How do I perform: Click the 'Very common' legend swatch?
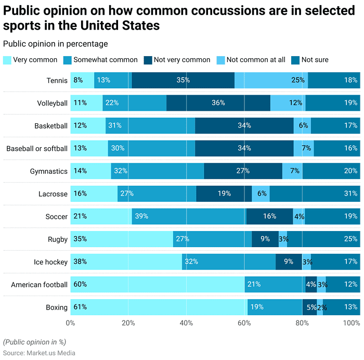click(7, 60)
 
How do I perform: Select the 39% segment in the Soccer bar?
click(188, 216)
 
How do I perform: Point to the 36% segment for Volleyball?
click(218, 103)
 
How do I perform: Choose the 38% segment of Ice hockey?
click(126, 262)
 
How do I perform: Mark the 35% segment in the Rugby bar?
click(122, 239)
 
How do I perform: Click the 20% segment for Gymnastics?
click(331, 171)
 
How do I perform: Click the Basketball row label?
click(50, 126)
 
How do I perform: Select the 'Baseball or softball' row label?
click(37, 149)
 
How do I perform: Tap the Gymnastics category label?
click(48, 171)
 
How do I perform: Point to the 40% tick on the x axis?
click(187, 323)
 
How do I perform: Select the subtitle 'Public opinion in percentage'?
click(56, 44)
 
